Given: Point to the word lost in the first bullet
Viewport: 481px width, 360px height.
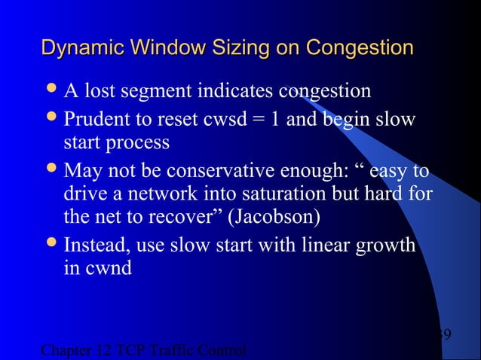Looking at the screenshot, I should pyautogui.click(x=105, y=92).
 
